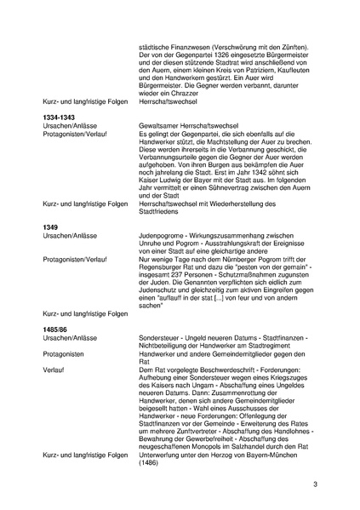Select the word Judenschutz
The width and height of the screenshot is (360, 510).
[158, 299]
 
